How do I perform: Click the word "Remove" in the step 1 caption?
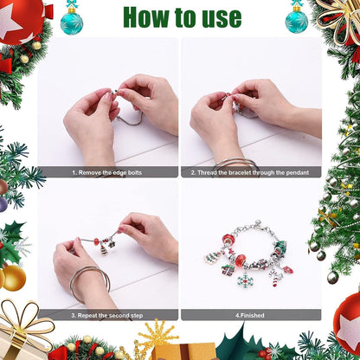pyautogui.click(x=90, y=173)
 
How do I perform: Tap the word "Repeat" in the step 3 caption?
pyautogui.click(x=87, y=316)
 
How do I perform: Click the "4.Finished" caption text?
pyautogui.click(x=250, y=316)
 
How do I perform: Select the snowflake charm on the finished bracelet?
pyautogui.click(x=245, y=280)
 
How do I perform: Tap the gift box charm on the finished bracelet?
pyautogui.click(x=228, y=270)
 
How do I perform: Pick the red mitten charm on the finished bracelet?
pyautogui.click(x=288, y=270)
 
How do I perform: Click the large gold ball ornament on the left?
pyautogui.click(x=14, y=278)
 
